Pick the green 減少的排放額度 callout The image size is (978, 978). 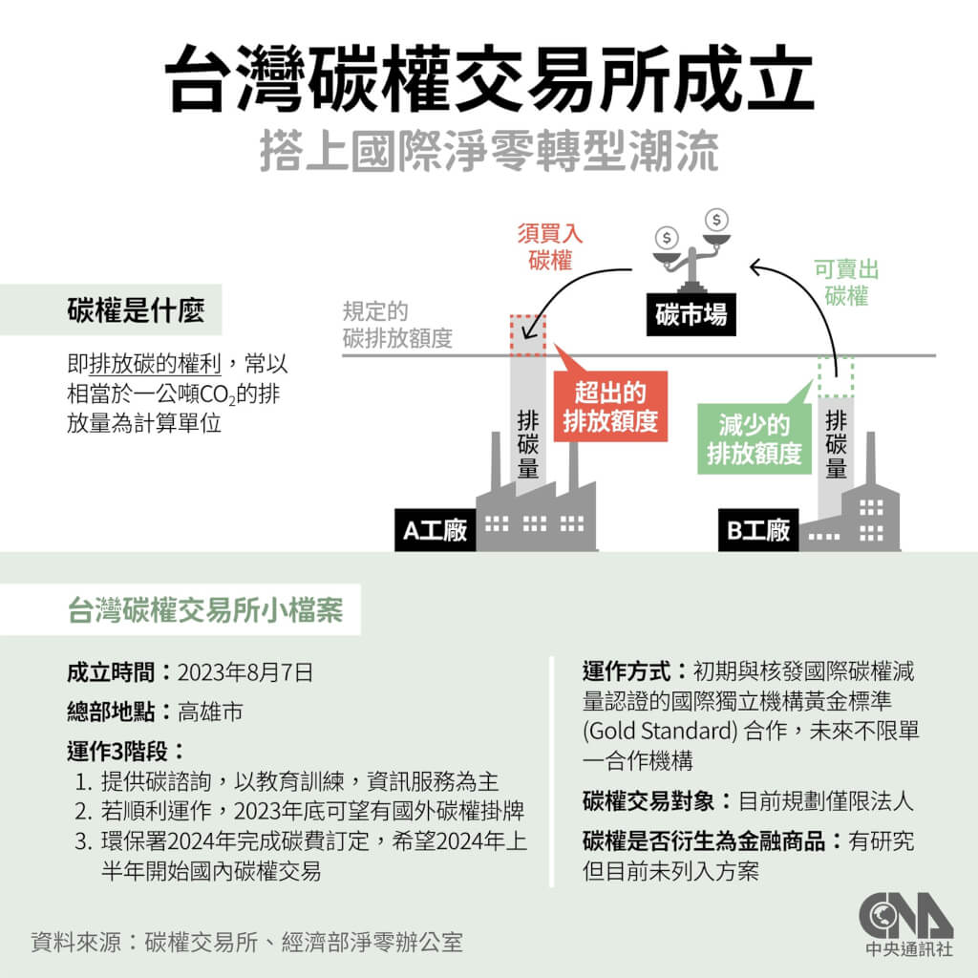point(754,438)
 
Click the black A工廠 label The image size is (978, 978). point(435,530)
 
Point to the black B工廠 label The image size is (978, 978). point(758,530)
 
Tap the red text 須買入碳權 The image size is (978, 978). point(550,246)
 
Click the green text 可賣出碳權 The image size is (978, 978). point(846,283)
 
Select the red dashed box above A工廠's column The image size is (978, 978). point(527,333)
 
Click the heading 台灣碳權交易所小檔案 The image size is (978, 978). point(205,610)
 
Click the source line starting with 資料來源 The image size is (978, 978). point(246,942)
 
